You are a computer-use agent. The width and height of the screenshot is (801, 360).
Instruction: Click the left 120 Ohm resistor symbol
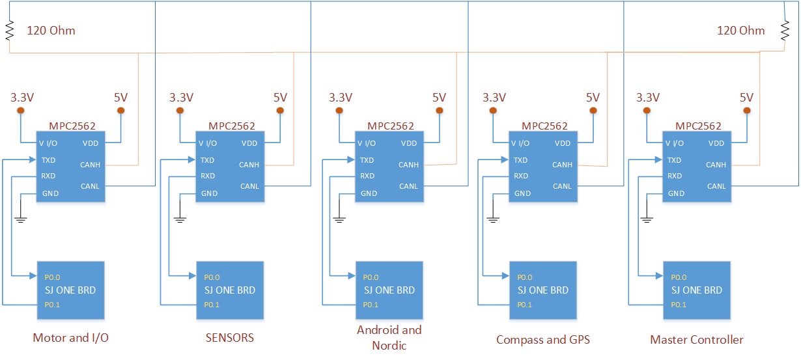click(10, 30)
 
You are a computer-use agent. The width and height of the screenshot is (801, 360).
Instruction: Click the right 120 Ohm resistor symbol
click(785, 30)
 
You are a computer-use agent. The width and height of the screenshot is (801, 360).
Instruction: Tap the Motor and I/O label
click(70, 338)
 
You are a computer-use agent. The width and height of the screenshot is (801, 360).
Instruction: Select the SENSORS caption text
click(230, 338)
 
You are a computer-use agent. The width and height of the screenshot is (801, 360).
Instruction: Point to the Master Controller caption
click(697, 340)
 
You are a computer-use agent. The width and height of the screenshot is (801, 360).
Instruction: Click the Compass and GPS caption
click(543, 340)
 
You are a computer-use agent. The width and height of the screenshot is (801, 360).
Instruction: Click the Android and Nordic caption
click(389, 337)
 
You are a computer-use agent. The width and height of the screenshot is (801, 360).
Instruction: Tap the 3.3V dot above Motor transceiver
click(21, 111)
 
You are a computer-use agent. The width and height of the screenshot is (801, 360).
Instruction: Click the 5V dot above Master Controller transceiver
click(747, 111)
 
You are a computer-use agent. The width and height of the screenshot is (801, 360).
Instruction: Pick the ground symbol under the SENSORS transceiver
click(180, 219)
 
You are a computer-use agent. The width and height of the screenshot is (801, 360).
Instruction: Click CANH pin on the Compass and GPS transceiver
click(562, 165)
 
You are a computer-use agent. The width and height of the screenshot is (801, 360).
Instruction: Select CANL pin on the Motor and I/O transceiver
click(90, 186)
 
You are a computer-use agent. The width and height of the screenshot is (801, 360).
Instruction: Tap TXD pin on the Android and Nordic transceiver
click(367, 160)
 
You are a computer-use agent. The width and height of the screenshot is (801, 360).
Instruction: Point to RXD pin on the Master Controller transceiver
click(675, 176)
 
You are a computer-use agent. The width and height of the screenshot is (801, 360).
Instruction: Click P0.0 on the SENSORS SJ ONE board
click(212, 277)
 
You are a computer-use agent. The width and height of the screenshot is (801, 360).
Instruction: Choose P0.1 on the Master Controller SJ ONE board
click(679, 305)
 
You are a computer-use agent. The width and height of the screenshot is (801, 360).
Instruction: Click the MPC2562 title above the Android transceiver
click(391, 126)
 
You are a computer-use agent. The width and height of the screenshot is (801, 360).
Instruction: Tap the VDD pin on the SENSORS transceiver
click(249, 143)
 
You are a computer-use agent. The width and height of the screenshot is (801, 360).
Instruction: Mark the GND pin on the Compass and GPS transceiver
click(522, 193)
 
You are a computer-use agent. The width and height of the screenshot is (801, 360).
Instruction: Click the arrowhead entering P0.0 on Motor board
click(33, 275)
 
